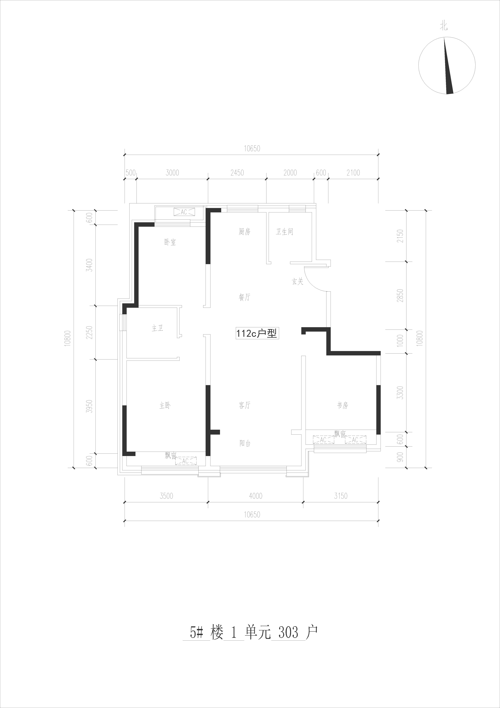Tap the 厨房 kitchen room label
pyautogui.click(x=244, y=232)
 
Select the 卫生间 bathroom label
pyautogui.click(x=284, y=232)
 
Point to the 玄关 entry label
pyautogui.click(x=298, y=282)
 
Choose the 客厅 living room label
pyautogui.click(x=244, y=405)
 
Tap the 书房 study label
pyautogui.click(x=342, y=405)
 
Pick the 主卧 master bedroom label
pyautogui.click(x=165, y=405)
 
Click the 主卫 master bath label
pyautogui.click(x=157, y=328)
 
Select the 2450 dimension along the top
pyautogui.click(x=237, y=173)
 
